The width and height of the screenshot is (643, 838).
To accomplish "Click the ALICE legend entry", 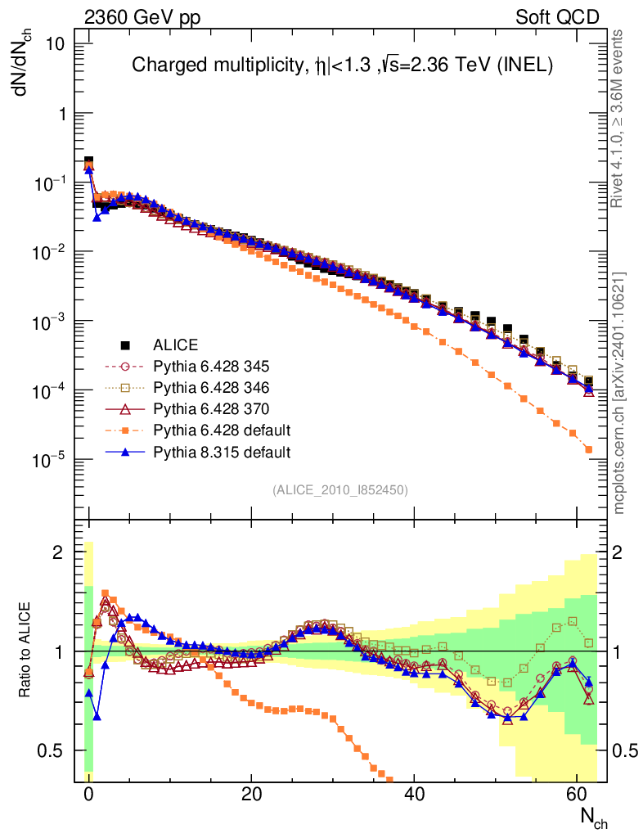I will point(176,345).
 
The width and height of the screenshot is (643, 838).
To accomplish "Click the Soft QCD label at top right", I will point(556,17).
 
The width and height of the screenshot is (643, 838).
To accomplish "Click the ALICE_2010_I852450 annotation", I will point(339,489).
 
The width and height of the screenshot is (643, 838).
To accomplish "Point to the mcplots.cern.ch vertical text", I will point(620,393).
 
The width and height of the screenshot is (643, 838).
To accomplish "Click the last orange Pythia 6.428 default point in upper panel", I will point(588,449).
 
